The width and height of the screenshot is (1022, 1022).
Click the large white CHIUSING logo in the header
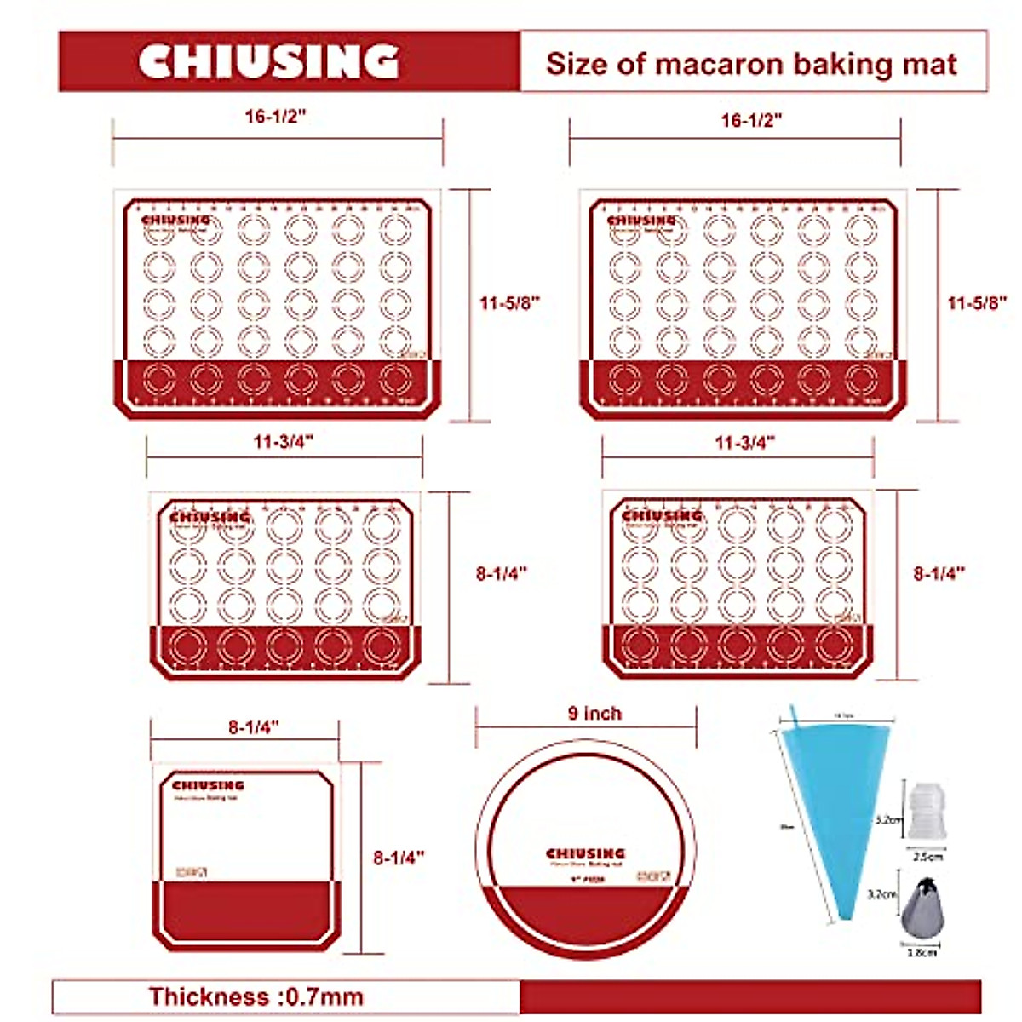coord(268,62)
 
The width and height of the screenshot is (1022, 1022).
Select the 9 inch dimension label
coord(594,714)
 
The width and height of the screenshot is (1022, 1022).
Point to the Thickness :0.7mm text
coord(256,996)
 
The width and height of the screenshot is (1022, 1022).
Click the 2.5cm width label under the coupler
coord(923,857)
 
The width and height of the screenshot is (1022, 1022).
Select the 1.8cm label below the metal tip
coord(922,952)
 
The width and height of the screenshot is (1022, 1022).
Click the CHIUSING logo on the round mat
coord(585,853)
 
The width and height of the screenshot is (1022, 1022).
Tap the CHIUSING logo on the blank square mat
coord(208,785)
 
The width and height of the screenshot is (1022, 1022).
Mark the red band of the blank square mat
coord(247,911)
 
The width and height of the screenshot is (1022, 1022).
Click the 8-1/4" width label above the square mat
coord(254,726)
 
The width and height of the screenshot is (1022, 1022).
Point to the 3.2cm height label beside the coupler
coord(888,820)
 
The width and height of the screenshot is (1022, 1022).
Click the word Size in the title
coord(575,64)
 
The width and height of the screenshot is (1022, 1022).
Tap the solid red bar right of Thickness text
coord(749,996)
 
